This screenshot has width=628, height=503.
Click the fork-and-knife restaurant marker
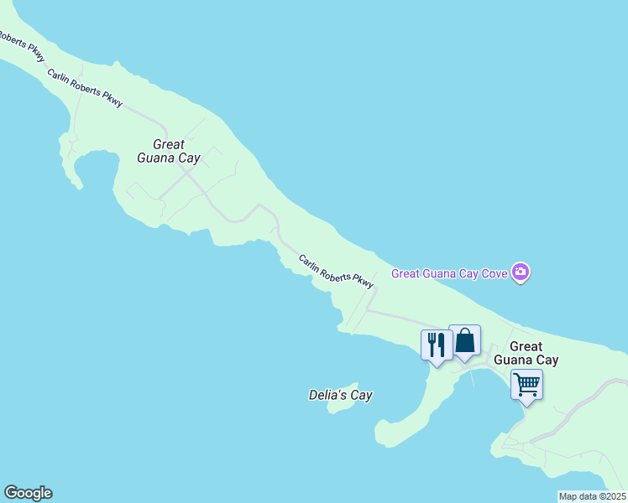pyautogui.click(x=437, y=345)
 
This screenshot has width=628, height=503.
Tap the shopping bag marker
pyautogui.click(x=464, y=340)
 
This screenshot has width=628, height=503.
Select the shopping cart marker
pyautogui.click(x=526, y=385)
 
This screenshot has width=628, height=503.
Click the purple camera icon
pyautogui.click(x=521, y=272)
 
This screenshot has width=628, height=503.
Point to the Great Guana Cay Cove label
pyautogui.click(x=451, y=272)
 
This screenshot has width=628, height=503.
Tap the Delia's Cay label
pyautogui.click(x=340, y=395)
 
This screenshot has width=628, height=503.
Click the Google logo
pyautogui.click(x=28, y=493)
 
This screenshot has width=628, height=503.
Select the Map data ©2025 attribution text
pyautogui.click(x=592, y=496)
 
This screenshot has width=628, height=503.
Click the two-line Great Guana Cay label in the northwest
pyautogui.click(x=168, y=151)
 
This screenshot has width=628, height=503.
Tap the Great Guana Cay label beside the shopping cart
pyautogui.click(x=526, y=353)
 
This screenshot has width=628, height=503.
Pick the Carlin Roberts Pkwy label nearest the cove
pyautogui.click(x=336, y=272)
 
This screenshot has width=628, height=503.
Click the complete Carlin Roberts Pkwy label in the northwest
pyautogui.click(x=85, y=87)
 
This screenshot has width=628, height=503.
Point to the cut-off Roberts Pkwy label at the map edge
pyautogui.click(x=22, y=47)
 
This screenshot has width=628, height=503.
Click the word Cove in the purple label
pyautogui.click(x=494, y=272)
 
